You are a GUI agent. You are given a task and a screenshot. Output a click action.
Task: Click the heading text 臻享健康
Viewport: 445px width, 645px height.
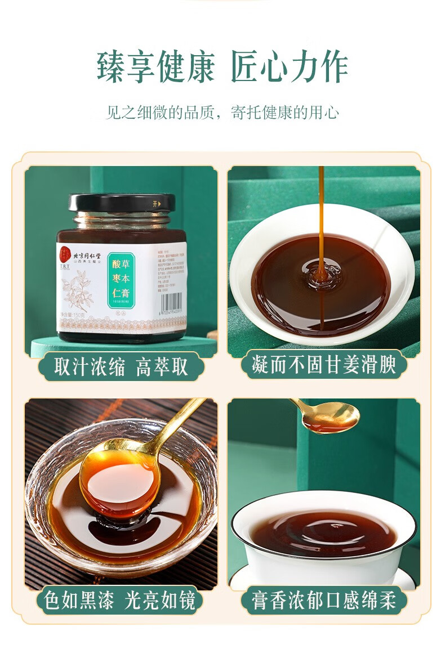pos(155,68)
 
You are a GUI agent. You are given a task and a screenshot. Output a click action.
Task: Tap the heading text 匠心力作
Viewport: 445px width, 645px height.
pos(290,68)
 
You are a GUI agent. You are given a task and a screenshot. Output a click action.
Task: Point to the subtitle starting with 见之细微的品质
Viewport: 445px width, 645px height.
pos(222,112)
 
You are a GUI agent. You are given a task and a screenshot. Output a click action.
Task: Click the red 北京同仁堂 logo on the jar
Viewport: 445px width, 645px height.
pos(65,252)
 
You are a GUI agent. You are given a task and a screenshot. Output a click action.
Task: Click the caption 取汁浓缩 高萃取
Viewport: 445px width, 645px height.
pos(121,367)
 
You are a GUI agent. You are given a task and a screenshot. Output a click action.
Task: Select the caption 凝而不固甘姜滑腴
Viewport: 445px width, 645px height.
pos(323,365)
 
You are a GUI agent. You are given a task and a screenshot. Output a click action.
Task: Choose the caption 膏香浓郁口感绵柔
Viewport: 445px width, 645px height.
pos(323,601)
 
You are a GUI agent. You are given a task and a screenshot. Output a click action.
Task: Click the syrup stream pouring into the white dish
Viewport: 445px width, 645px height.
pos(321,225)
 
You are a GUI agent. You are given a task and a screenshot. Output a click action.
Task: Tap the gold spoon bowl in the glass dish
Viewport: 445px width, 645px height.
pos(119,481)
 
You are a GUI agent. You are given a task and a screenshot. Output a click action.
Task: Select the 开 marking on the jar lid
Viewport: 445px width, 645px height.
pos(155,203)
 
